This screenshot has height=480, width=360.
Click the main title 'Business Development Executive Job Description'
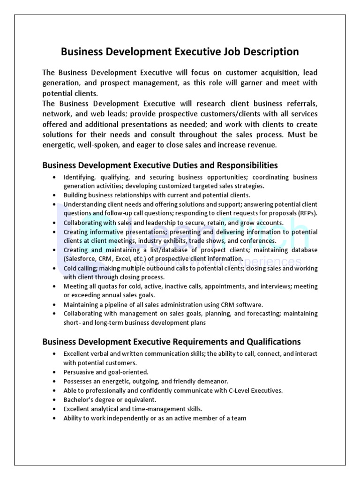(x=180, y=52)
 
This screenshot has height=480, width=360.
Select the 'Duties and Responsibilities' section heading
(x=160, y=165)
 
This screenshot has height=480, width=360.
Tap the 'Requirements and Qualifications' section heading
(x=172, y=342)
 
